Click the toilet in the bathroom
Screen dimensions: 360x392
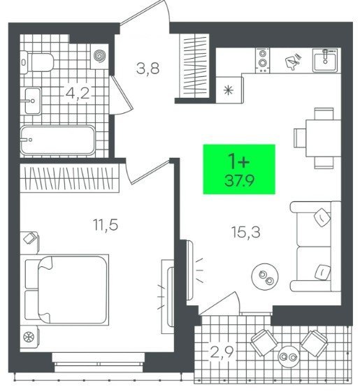pyautogui.click(x=37, y=62)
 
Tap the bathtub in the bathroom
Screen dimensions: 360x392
pyautogui.click(x=57, y=140)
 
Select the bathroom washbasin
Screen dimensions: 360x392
pyautogui.click(x=32, y=101)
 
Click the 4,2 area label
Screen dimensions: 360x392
pyautogui.click(x=78, y=94)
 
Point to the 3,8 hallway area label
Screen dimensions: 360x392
pyautogui.click(x=148, y=68)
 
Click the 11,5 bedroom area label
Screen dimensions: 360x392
pyautogui.click(x=106, y=224)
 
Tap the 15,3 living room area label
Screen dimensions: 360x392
pyautogui.click(x=246, y=232)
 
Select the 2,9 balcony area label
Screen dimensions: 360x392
pyautogui.click(x=222, y=352)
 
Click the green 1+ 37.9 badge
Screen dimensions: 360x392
pyautogui.click(x=239, y=169)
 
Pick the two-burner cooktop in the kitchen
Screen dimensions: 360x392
pyautogui.click(x=262, y=60)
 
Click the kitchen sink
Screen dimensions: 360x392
pyautogui.click(x=325, y=60)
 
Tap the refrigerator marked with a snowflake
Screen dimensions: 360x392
pyautogui.click(x=229, y=90)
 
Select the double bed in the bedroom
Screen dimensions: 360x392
pyautogui.click(x=67, y=290)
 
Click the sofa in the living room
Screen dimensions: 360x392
pyautogui.click(x=316, y=246)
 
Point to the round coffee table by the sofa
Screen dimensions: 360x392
pyautogui.click(x=265, y=277)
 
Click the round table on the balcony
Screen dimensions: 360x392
pyautogui.click(x=289, y=356)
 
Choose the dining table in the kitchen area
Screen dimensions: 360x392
pyautogui.click(x=323, y=138)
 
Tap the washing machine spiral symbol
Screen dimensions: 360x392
pyautogui.click(x=100, y=55)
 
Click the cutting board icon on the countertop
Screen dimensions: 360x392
pyautogui.click(x=293, y=61)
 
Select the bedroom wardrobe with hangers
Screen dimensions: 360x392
pyautogui.click(x=69, y=178)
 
